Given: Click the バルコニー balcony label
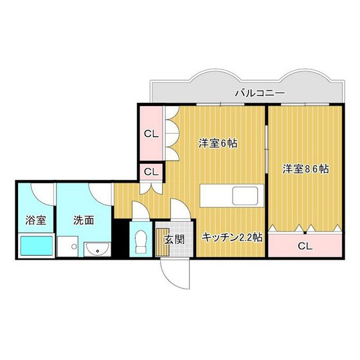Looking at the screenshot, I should pos(258,93).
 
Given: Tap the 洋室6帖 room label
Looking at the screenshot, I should pos(218,144).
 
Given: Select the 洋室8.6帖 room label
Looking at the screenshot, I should pos(306,170).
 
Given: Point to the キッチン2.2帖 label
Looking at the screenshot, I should pos(231,237).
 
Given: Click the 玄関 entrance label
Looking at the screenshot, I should pos(173,240).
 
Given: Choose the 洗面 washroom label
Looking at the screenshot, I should pos(84,221).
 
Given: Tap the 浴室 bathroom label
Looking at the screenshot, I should pos(35,221).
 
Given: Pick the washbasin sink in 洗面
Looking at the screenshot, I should pos(96,248).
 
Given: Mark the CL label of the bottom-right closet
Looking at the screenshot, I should pos(305,246).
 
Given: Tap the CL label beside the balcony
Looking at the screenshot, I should pos(151,134).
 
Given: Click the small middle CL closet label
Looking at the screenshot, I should pos(151,172).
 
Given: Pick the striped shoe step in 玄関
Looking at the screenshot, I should pos(162,242).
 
